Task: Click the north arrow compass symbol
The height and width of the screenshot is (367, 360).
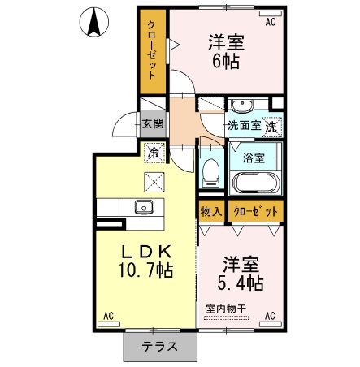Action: (x=94, y=22)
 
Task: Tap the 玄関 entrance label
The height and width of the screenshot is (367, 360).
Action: (x=153, y=124)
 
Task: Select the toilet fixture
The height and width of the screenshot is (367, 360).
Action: (x=211, y=172)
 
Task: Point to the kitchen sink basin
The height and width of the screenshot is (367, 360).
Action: (x=144, y=207)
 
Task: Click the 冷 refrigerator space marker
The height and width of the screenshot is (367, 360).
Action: (x=154, y=153)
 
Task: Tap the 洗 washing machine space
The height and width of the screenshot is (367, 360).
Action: (x=271, y=126)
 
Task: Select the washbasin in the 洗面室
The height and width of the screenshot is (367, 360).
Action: (x=243, y=106)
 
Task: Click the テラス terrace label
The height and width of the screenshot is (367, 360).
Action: (x=160, y=347)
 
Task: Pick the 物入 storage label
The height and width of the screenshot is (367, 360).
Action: (x=211, y=211)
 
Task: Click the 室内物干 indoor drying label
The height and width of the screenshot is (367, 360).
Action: (x=226, y=309)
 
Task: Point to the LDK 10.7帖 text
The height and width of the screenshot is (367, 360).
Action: (x=145, y=261)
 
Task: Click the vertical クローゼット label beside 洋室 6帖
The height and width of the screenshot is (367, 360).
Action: (x=152, y=50)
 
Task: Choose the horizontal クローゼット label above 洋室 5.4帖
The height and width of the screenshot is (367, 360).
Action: (x=255, y=211)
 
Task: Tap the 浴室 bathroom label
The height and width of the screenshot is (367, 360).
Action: (x=254, y=158)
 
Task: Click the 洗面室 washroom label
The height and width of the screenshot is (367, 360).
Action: (x=245, y=125)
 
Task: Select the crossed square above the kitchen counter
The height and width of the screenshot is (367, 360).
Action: (x=154, y=182)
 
